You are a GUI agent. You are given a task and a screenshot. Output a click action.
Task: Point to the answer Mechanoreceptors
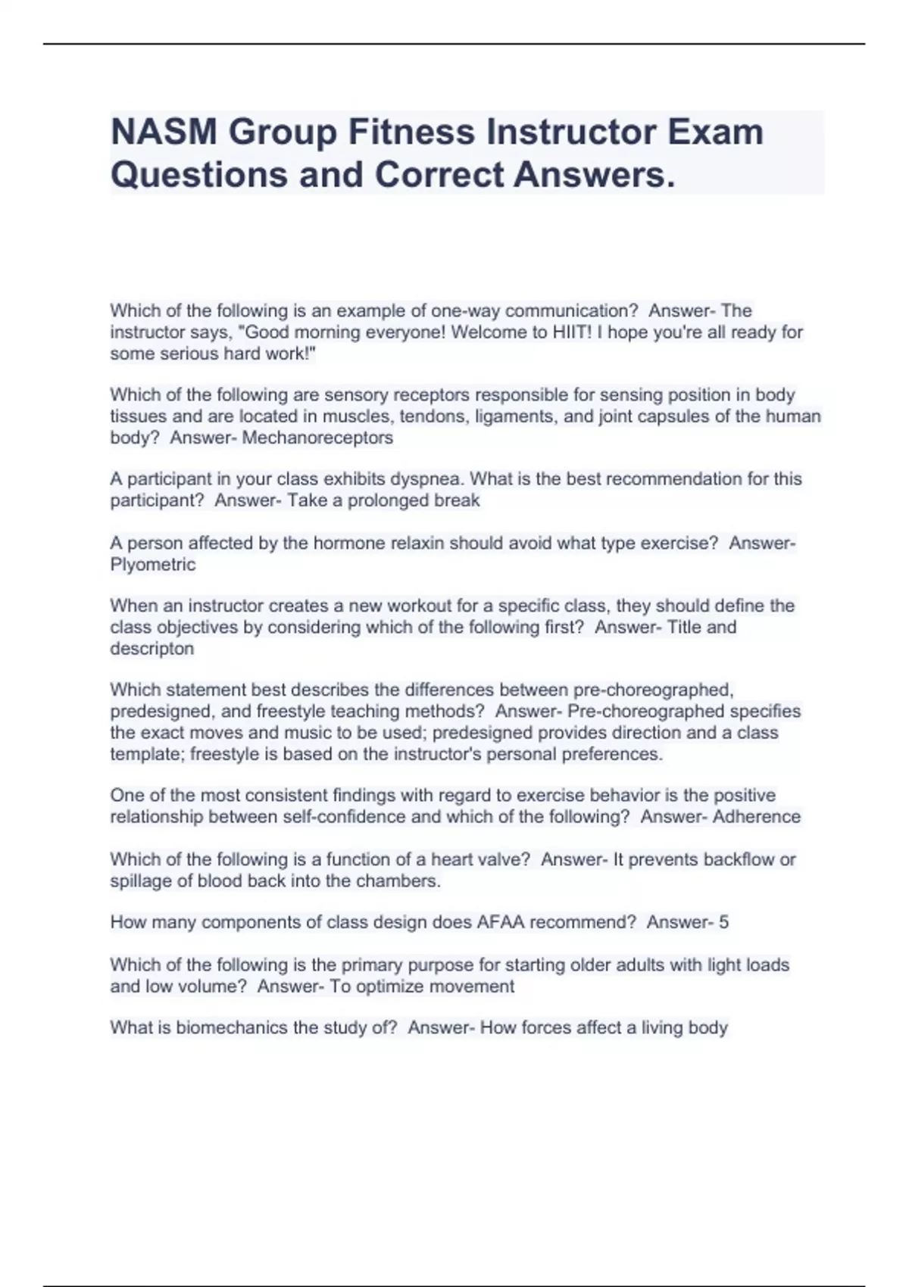(317, 438)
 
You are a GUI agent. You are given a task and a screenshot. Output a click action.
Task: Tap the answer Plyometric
(152, 565)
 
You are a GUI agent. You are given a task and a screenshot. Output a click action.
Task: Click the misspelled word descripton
(151, 649)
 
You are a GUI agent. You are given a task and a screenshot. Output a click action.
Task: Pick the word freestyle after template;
(223, 754)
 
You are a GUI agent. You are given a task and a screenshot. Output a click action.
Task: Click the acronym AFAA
(500, 922)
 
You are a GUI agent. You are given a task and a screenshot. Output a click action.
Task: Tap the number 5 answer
(723, 922)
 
